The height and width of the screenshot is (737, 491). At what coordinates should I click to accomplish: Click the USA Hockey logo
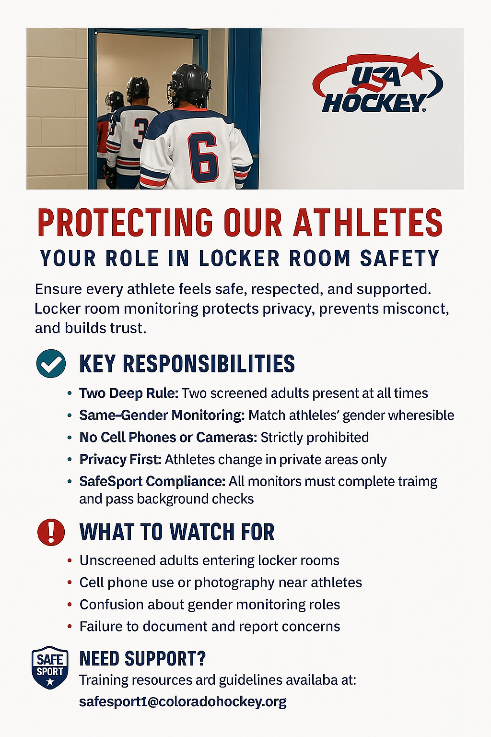pos(377,83)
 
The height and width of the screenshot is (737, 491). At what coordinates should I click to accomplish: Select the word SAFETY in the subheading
pos(399,258)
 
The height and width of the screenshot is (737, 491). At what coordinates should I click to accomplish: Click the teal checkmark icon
pos(51,363)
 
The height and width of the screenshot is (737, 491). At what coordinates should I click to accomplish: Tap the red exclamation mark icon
pos(51,532)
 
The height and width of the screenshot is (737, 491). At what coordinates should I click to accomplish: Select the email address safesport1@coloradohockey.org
pos(183,702)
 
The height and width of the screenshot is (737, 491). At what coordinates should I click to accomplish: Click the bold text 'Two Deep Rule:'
pos(129,393)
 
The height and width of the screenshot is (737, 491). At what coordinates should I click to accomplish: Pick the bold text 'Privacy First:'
pos(120,459)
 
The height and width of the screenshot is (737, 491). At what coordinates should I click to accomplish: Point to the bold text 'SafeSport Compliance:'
pos(152,481)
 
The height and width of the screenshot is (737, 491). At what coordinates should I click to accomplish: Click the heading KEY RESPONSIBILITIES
pos(187,364)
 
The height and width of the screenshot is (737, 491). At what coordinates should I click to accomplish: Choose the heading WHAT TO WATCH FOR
pos(177,532)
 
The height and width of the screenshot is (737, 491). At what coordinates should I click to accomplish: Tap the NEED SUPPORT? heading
pos(142,659)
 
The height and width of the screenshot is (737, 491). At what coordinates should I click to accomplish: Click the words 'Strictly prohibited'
pos(315,437)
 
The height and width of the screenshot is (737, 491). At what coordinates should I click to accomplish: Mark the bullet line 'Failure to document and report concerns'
pos(210,627)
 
